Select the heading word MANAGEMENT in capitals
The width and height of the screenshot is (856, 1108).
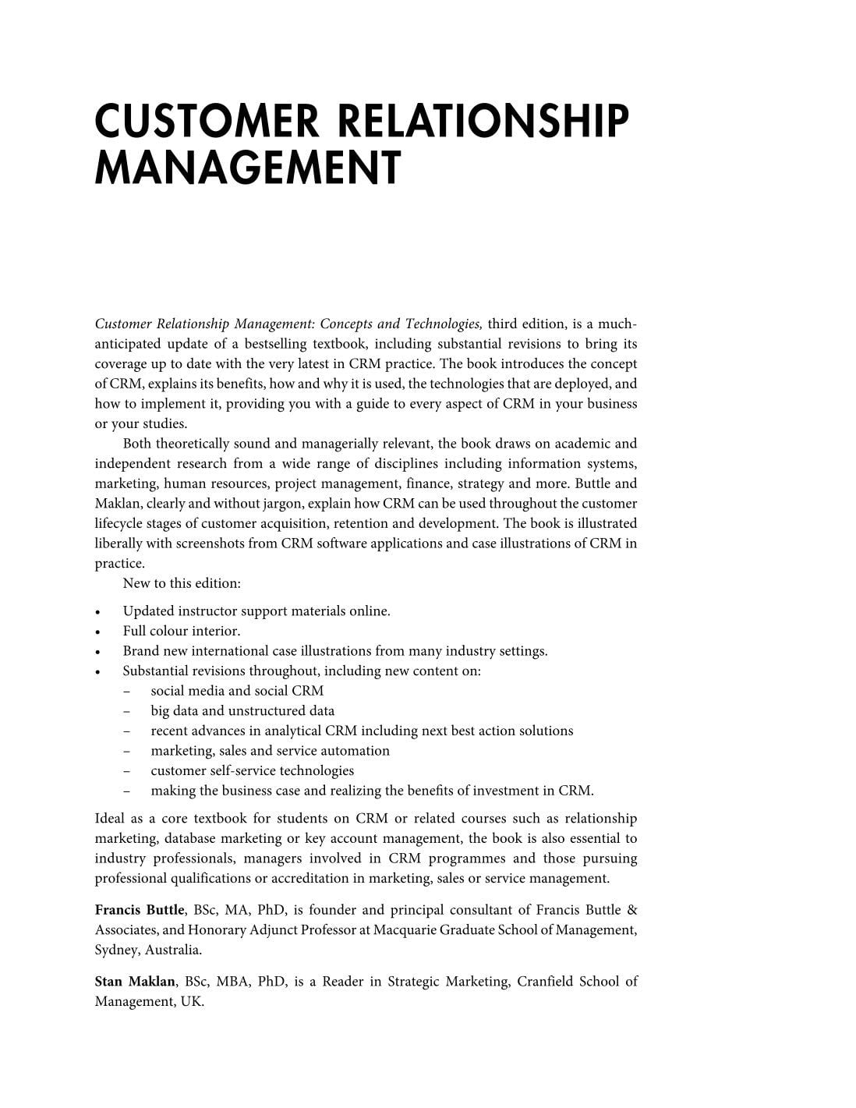[x=247, y=168]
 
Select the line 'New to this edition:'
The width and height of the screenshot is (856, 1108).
[x=182, y=583]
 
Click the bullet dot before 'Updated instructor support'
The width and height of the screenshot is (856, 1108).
[x=98, y=612]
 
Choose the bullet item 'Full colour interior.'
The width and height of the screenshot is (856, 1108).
[x=182, y=632]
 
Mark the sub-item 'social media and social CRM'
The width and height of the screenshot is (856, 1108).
[x=237, y=691]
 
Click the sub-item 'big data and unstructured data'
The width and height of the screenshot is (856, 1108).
[x=242, y=711]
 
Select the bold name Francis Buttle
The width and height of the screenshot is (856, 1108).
[x=140, y=910]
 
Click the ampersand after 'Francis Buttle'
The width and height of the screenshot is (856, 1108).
[x=631, y=910]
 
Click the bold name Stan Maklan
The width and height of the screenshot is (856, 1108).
[x=135, y=982]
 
